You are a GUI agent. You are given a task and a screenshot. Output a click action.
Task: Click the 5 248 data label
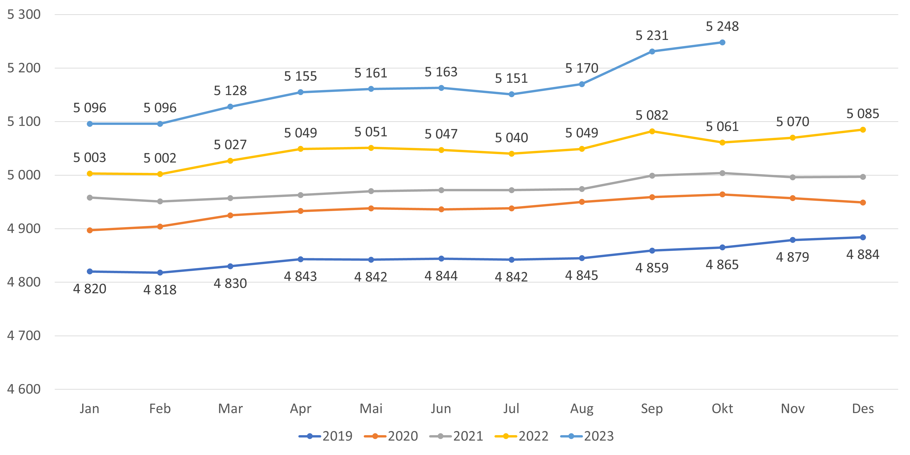pos(722,26)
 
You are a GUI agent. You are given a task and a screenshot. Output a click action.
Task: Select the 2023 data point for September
pos(652,52)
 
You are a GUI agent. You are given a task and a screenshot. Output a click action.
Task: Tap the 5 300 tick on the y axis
pos(24,14)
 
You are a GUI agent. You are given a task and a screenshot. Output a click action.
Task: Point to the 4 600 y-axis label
pos(24,389)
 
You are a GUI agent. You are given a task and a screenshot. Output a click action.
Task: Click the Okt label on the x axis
pos(722,409)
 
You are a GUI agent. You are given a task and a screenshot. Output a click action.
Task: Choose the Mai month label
pos(371,409)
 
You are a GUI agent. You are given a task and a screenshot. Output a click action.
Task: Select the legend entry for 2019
pos(326,436)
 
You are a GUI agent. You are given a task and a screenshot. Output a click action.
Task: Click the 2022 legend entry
pos(522,436)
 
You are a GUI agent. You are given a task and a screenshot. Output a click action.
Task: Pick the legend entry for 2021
pos(456,436)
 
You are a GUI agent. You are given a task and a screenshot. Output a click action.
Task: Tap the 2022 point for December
pos(863,130)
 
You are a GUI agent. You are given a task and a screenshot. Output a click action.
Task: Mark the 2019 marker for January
pos(90,271)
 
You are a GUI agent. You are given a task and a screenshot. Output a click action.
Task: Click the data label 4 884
pos(863,255)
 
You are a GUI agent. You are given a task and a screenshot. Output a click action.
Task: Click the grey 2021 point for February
pos(160,201)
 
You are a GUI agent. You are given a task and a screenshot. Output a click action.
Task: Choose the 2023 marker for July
pos(511,94)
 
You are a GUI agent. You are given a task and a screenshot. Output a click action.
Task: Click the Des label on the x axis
pos(863,409)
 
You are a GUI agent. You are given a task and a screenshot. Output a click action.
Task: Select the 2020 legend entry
pos(391,436)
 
